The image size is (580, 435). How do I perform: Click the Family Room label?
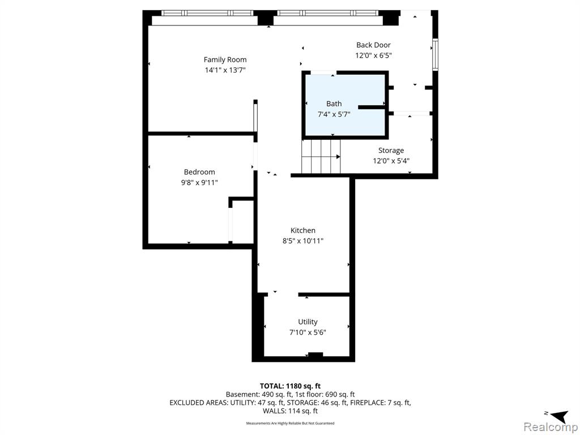[x=225, y=59]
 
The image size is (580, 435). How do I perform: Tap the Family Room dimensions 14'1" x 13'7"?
[x=225, y=70]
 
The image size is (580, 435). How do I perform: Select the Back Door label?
[x=373, y=45]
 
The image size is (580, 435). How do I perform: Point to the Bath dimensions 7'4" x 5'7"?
[x=334, y=114]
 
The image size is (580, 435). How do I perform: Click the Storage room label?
[x=391, y=151]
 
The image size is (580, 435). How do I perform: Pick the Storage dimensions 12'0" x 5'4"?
[x=391, y=161]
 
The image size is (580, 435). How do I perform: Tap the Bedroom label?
[x=199, y=172]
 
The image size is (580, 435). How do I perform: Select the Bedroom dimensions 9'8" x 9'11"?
[x=199, y=182]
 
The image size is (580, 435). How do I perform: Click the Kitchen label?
[x=303, y=231]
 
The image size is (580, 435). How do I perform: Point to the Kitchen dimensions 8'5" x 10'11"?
[x=303, y=241]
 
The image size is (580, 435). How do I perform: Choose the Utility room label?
[x=308, y=322]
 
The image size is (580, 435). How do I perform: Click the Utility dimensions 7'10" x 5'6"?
[x=308, y=332]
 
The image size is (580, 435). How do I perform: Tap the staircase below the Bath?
[x=321, y=156]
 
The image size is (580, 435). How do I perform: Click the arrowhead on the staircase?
[x=338, y=157]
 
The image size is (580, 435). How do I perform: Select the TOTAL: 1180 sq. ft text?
[x=291, y=386]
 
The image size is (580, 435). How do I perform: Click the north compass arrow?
[x=558, y=416]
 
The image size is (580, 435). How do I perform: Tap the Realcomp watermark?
[x=551, y=427]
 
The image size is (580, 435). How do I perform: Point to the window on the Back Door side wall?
[x=436, y=55]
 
